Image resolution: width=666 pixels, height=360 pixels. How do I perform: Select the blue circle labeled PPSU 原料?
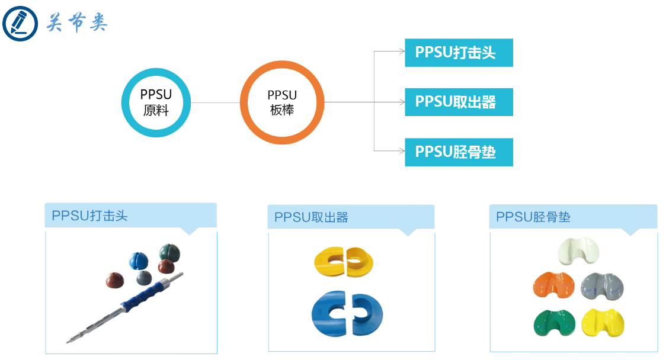156,102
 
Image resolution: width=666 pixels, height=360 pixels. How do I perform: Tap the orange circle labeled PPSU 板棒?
282,102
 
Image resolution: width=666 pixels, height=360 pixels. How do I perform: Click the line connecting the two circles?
215,102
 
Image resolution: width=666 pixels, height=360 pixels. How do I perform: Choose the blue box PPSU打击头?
459,53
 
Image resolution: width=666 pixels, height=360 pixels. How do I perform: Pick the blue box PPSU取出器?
459,102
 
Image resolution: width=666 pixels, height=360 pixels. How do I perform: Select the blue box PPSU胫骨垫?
459,152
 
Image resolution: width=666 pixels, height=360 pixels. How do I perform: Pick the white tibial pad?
578,252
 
